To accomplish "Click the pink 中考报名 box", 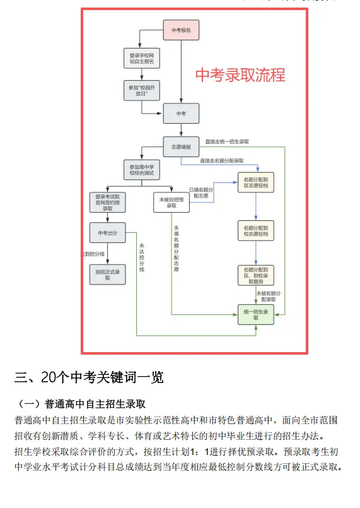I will point(182,30).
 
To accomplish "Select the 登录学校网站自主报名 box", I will point(141,59).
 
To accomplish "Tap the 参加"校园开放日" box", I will point(141,90).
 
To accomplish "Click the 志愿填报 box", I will point(181,146).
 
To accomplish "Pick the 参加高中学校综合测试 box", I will point(141,171).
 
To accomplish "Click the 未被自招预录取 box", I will point(171,202).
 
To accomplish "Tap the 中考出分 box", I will point(108,233).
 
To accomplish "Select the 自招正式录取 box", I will point(108,273).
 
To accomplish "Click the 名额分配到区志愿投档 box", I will point(255,184).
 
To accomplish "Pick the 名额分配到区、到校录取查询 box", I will point(255,275).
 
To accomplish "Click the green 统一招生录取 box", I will point(255,314).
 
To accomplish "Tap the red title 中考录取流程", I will point(240,75).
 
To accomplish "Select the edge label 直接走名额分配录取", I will point(222,160).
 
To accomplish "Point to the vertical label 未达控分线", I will point(141,257).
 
